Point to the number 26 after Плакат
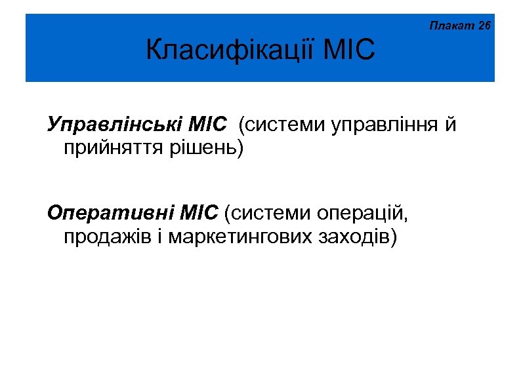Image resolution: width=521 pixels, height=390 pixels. click(x=484, y=27)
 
